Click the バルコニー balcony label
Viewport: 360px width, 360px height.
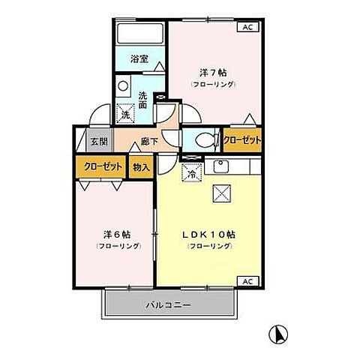(x=169, y=305)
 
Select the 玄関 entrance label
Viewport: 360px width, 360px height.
(x=99, y=140)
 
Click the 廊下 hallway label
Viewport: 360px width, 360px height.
(x=148, y=140)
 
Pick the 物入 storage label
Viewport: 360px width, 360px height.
(x=141, y=167)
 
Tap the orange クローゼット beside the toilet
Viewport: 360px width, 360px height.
(x=242, y=140)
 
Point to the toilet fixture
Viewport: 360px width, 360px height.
(x=205, y=140)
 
